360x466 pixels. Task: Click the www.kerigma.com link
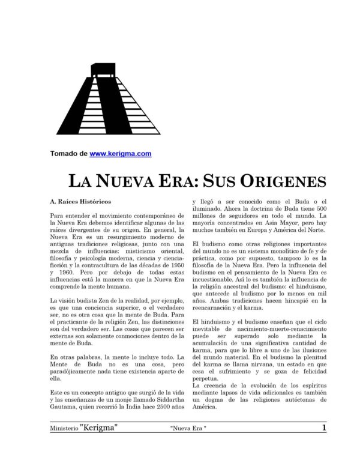click(120, 154)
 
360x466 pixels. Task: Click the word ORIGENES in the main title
click(274, 181)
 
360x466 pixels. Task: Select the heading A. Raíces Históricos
click(80, 202)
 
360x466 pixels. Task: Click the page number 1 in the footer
click(323, 428)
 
